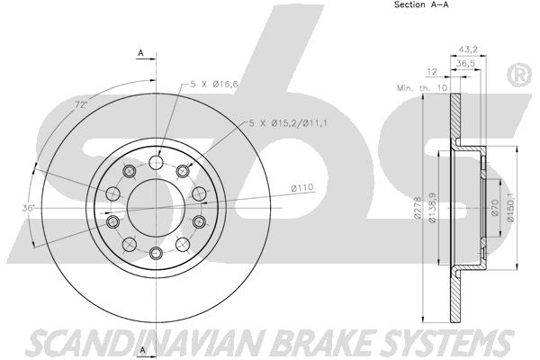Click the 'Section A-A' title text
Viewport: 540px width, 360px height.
point(421,4)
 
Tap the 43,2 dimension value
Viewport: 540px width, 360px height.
point(468,49)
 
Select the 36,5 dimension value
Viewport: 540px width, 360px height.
point(465,63)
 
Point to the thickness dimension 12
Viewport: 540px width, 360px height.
point(432,72)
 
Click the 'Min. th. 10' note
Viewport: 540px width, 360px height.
point(422,88)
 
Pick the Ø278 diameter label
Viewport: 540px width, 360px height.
point(418,207)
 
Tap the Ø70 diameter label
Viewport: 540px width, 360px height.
point(495,207)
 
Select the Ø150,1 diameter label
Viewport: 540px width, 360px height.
point(511,207)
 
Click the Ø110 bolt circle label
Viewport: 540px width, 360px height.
point(302,188)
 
